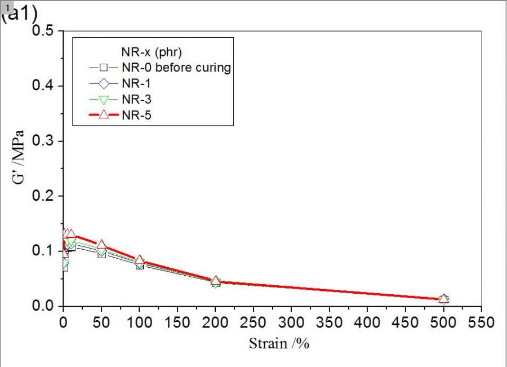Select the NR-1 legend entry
pos(136,83)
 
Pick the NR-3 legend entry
pos(136,99)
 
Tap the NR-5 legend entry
pos(136,115)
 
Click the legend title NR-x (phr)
pos(152,53)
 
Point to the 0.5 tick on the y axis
pos(43,30)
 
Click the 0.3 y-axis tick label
pos(43,141)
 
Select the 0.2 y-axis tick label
pos(43,196)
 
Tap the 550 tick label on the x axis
pos(481,323)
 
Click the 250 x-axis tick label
pos(253,323)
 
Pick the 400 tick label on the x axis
pos(367,323)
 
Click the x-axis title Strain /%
pos(279,343)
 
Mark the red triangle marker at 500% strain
pos(443,298)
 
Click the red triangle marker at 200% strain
pos(215,281)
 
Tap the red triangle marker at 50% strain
pos(101,245)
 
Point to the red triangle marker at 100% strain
pos(140,260)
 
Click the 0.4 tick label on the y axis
pos(43,86)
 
